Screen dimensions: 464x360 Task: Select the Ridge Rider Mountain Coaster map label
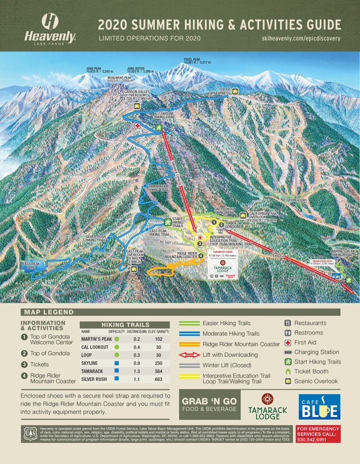coord(182,255)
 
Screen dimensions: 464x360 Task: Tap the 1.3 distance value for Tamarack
coord(135,370)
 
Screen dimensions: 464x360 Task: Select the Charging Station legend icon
coord(287,352)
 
